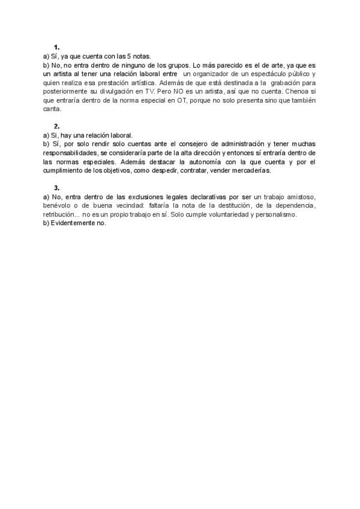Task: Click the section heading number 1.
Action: pyautogui.click(x=56, y=47)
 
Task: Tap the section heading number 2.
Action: pyautogui.click(x=56, y=127)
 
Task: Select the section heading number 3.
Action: pyautogui.click(x=56, y=188)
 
